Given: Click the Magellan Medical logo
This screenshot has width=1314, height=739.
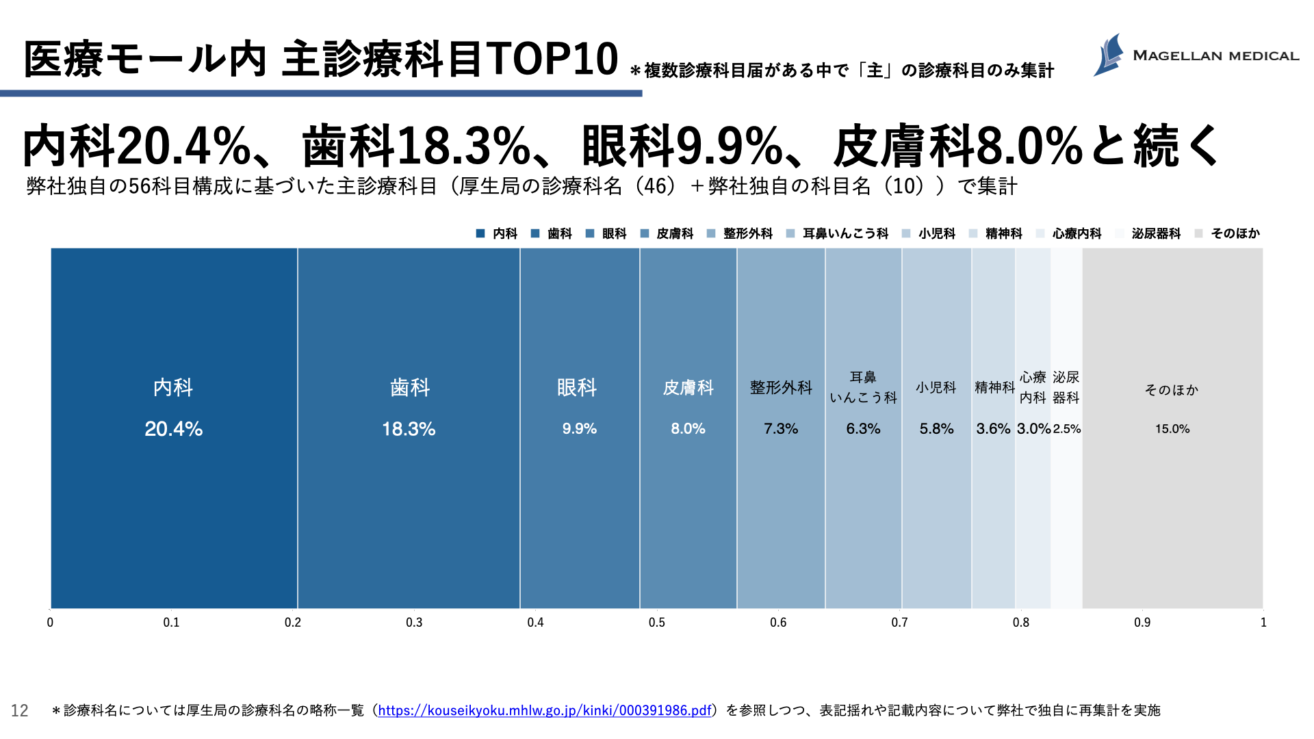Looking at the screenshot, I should tap(1195, 55).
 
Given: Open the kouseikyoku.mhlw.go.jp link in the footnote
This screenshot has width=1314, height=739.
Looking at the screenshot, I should tap(544, 710).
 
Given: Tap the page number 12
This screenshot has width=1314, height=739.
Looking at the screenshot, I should tap(20, 711).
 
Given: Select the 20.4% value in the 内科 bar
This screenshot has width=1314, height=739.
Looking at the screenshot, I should tap(173, 429).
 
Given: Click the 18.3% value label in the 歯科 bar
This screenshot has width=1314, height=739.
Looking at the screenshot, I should tap(409, 429).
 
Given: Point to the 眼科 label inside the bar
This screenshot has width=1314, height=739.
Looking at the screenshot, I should tap(577, 388).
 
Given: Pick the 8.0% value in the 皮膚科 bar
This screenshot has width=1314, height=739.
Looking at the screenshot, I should tap(688, 429).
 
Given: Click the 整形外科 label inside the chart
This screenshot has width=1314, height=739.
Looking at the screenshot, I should tap(781, 388).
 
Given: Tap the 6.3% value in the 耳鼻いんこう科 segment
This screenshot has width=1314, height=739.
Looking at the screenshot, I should tap(863, 429).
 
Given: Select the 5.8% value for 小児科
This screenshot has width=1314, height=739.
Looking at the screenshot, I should tap(936, 429).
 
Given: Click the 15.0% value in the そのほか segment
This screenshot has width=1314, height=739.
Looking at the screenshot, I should tap(1172, 429).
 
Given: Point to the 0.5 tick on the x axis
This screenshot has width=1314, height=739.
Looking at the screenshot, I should tap(657, 623).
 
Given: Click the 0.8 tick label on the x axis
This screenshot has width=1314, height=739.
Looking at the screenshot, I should tap(1021, 623).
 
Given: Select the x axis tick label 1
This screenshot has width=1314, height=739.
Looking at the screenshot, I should tap(1263, 623).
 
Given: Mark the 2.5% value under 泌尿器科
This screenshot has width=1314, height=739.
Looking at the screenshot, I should tap(1067, 429).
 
